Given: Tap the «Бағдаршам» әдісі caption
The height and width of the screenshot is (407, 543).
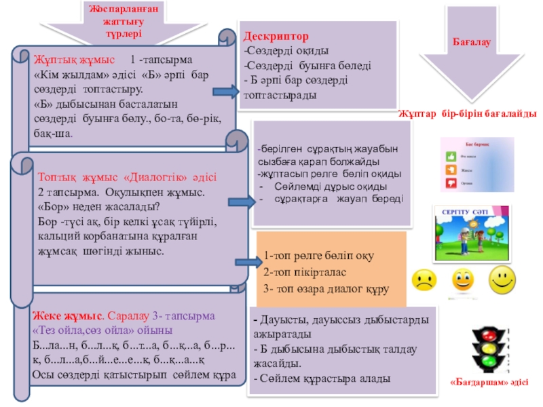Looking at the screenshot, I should click(x=489, y=383).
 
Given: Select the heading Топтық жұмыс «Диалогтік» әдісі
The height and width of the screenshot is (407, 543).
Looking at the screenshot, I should click(x=127, y=178).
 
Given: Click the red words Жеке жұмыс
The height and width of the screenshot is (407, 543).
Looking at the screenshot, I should click(x=69, y=316).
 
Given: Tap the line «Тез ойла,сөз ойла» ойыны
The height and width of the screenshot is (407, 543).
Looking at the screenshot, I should click(x=102, y=330).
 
